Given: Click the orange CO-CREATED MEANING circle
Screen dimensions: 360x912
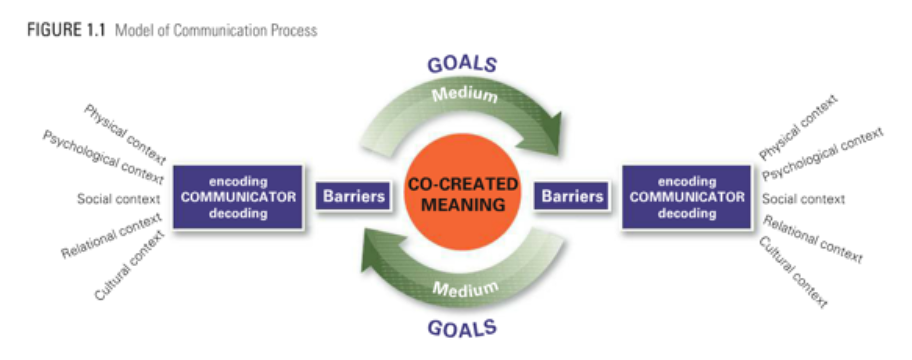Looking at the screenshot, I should pos(462,193).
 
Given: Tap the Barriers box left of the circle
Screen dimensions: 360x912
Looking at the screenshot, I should pos(353,196).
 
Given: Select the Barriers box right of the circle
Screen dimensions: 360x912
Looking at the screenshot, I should pos(572,196).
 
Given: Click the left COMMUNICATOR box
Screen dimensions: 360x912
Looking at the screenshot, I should pos(238,197).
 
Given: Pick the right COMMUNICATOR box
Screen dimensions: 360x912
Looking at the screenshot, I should pos(686,197).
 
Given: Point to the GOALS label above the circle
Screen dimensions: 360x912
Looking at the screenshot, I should pos(462,64).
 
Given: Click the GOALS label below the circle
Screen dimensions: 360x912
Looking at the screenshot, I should pos(462,329).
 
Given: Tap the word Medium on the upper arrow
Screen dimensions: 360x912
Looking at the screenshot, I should pos(464,94).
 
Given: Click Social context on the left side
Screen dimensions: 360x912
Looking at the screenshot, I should pos(118,199).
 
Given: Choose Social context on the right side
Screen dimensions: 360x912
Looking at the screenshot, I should pos(803,199).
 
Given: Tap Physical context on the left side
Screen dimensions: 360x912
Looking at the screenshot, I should pos(125,134).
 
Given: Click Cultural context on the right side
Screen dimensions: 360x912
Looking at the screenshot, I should pos(793,271).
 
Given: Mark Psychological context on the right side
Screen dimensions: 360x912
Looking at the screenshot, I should pos(822,154).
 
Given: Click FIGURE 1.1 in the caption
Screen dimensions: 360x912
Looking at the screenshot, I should pos(66,30).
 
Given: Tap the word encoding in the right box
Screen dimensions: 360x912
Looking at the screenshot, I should pos(686,181).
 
